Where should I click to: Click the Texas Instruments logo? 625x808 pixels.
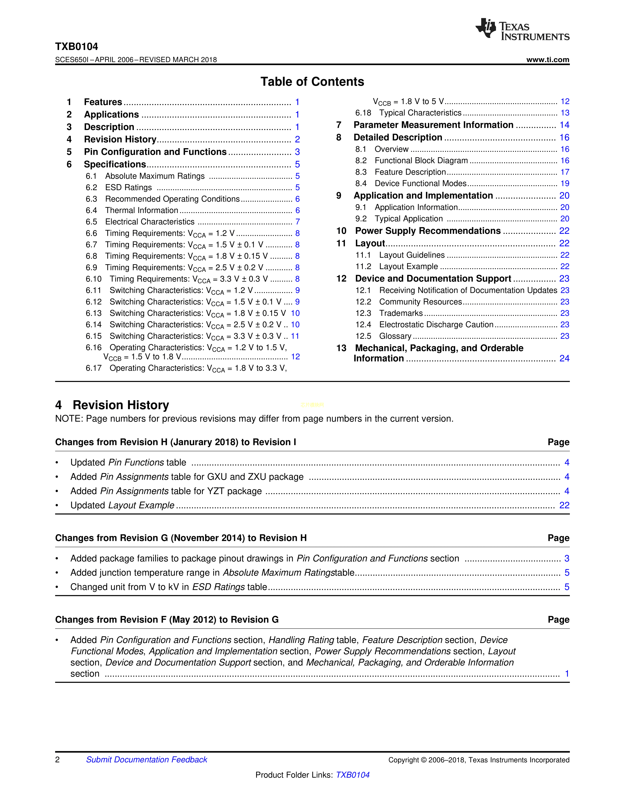click(x=522, y=29)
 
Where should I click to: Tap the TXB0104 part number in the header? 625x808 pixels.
click(x=77, y=47)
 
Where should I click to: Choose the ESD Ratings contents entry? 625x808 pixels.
click(x=128, y=188)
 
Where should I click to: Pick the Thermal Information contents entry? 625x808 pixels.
click(x=141, y=211)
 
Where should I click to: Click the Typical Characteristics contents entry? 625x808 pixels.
click(x=420, y=113)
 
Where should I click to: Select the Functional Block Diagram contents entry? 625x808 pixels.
click(x=421, y=161)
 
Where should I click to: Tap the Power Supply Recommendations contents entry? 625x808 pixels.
click(x=428, y=231)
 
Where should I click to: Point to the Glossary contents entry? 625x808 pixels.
click(x=395, y=336)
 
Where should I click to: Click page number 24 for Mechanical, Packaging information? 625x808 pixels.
click(x=564, y=358)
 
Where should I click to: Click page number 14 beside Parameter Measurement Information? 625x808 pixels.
click(x=564, y=125)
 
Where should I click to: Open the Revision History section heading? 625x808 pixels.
click(x=121, y=405)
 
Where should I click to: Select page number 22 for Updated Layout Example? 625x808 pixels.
click(x=564, y=505)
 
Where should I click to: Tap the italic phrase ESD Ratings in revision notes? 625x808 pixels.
click(x=218, y=587)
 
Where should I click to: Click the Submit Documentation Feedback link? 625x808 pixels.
click(x=147, y=760)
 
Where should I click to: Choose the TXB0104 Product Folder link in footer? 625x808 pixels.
click(x=352, y=775)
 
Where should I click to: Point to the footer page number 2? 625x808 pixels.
click(x=57, y=760)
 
